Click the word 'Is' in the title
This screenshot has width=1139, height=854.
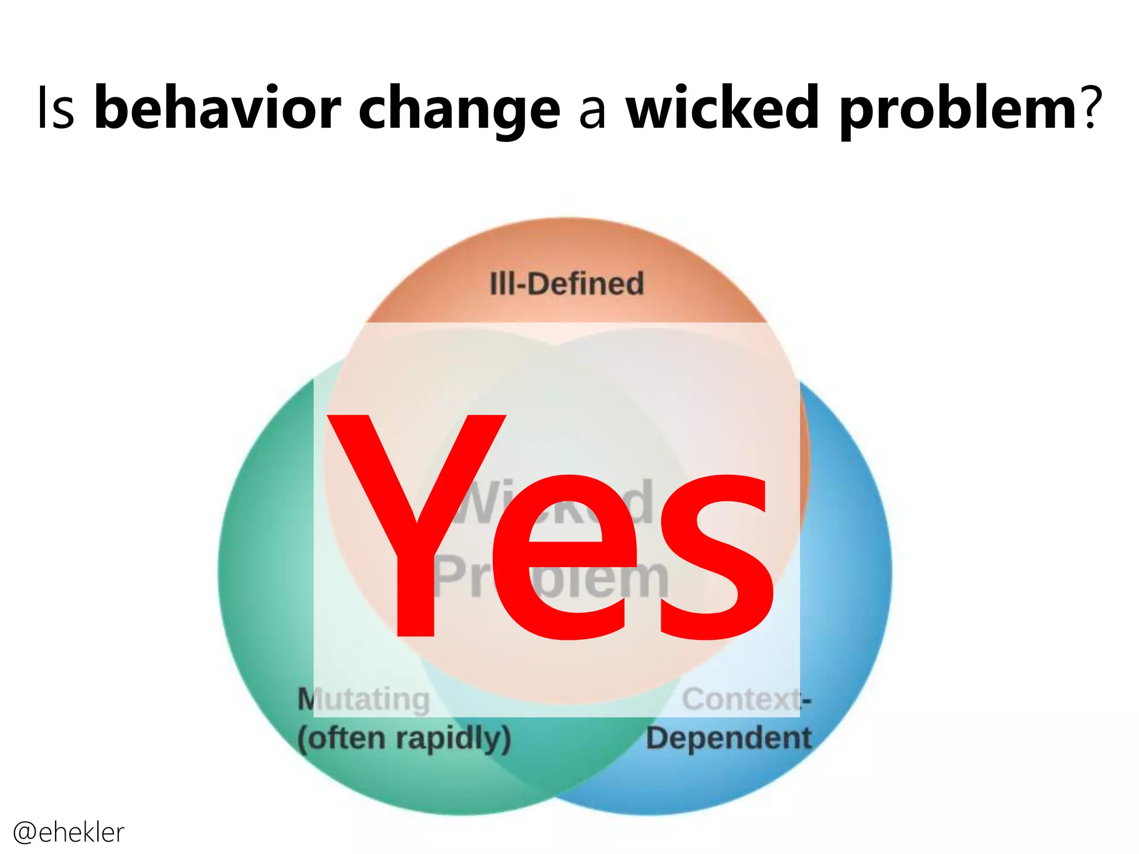point(56,108)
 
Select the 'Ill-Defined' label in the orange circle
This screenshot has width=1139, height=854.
point(567,284)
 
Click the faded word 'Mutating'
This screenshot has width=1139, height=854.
point(364,699)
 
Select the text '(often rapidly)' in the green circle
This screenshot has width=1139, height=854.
point(404,739)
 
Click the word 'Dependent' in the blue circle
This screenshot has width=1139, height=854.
point(729,739)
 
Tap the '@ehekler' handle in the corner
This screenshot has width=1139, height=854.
point(68,832)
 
